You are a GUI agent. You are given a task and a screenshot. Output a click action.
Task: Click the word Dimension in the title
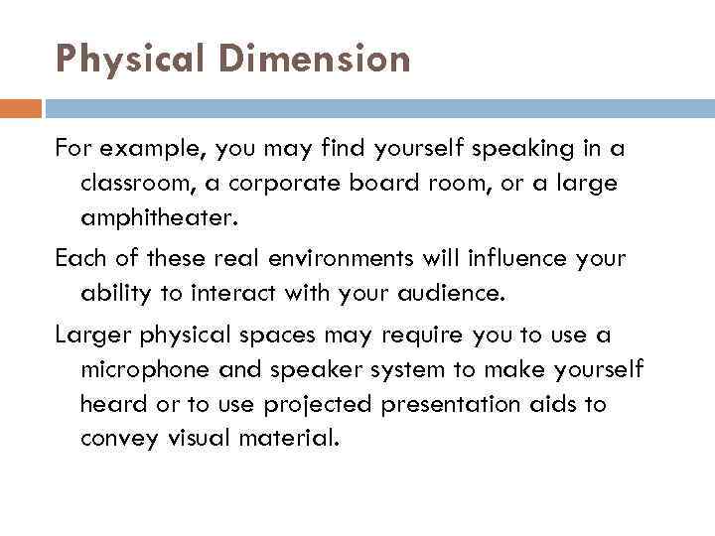click(x=317, y=61)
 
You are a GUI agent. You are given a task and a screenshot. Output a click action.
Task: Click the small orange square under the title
click(x=21, y=107)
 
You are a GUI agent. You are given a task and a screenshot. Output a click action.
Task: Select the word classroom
click(x=134, y=184)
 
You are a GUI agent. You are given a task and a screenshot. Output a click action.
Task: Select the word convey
click(x=117, y=438)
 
